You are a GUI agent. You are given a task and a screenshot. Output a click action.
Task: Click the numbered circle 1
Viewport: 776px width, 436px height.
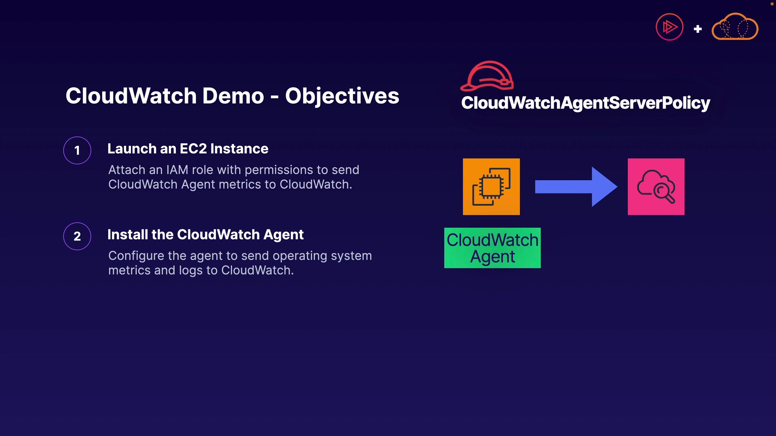[x=77, y=151]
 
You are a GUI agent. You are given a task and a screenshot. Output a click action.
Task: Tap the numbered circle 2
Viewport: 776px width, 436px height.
[x=77, y=236]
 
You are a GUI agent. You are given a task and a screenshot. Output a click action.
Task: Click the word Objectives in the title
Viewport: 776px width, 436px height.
[x=342, y=96]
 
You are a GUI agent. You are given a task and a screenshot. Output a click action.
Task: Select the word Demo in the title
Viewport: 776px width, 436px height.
[x=233, y=96]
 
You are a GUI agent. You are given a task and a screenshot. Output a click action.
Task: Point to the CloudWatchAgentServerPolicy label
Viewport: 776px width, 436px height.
[x=586, y=103]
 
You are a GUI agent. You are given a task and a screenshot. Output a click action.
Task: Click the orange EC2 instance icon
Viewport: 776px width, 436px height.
[x=491, y=187]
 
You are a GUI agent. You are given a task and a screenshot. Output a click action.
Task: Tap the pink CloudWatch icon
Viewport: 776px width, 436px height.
[x=656, y=187]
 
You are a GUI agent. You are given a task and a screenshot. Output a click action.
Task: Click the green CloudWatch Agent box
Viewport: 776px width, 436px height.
[x=492, y=248]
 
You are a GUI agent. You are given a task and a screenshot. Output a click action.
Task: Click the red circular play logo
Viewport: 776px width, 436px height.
[x=669, y=27]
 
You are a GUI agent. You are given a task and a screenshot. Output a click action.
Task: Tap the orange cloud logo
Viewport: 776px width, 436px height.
[x=735, y=27]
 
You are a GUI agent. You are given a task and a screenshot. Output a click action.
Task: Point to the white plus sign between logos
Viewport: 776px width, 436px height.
[x=698, y=29]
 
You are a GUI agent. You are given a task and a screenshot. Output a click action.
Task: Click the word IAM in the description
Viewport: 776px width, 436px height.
[x=177, y=170]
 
